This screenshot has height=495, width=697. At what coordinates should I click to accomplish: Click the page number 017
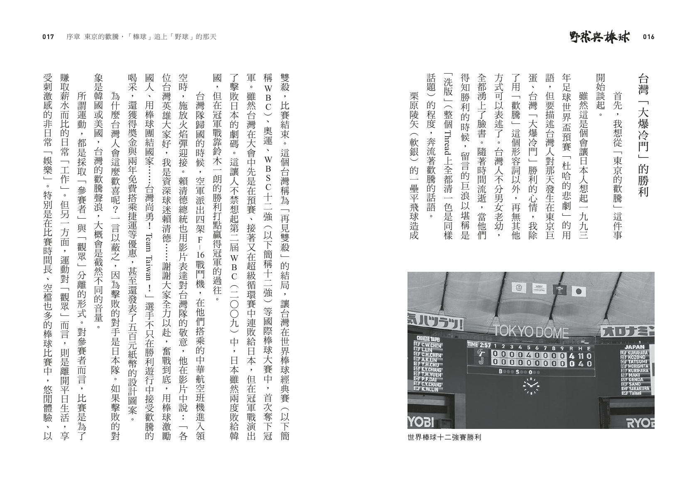click(48, 37)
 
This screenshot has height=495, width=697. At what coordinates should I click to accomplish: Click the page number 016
click(648, 37)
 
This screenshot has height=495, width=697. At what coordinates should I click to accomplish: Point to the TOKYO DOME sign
click(530, 332)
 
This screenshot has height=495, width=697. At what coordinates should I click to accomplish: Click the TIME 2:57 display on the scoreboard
click(479, 345)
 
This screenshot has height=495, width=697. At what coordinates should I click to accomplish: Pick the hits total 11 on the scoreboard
click(578, 355)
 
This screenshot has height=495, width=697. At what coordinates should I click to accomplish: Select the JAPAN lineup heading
click(634, 347)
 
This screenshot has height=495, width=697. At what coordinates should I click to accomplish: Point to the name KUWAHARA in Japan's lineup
click(638, 352)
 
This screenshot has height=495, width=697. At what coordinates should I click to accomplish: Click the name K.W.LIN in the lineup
click(429, 389)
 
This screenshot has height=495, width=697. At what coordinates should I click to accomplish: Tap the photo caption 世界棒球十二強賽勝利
click(444, 438)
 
